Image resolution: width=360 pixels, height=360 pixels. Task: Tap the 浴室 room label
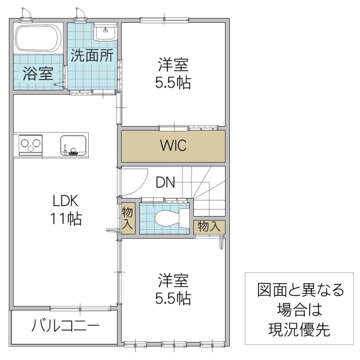point(38,74)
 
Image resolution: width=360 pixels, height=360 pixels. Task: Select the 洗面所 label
point(92,55)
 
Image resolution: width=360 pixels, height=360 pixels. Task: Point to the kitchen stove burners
point(31,145)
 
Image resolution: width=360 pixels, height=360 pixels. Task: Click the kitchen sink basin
point(73,145)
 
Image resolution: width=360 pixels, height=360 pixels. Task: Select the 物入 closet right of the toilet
point(209,226)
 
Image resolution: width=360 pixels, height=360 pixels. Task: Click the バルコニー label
point(65,327)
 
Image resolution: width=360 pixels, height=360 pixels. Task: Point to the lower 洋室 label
point(174,280)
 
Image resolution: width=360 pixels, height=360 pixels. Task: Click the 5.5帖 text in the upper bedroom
point(174,83)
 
